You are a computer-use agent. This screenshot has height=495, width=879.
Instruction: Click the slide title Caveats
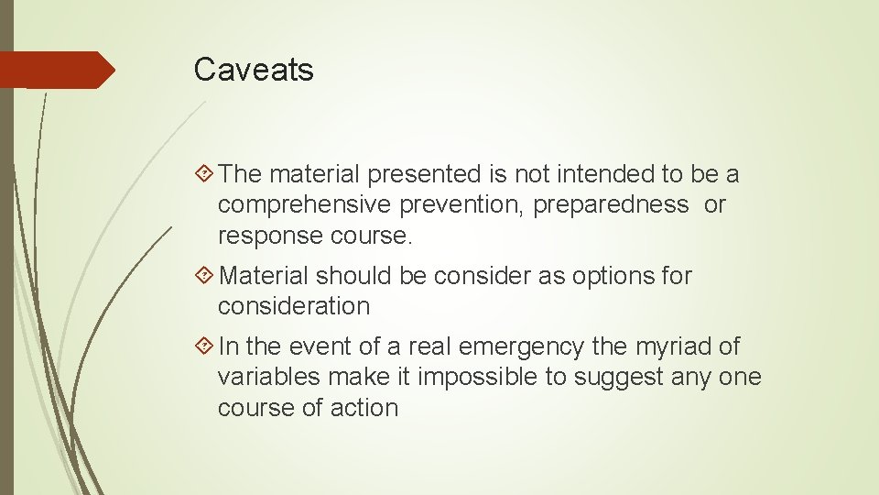click(254, 70)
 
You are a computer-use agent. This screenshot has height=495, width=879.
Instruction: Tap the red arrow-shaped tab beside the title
click(57, 70)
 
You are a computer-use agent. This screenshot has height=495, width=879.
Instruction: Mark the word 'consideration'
click(294, 306)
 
